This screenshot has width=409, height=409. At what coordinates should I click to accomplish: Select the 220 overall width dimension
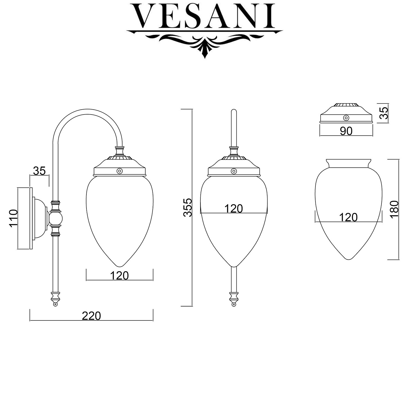[91, 316]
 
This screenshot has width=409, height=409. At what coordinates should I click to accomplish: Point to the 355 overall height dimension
[188, 208]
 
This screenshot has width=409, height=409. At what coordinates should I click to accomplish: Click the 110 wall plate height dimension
[13, 218]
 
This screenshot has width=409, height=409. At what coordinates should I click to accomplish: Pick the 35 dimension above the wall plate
[39, 171]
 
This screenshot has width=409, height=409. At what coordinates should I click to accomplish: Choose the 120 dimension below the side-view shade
[119, 275]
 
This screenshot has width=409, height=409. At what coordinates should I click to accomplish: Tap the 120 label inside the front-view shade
[233, 209]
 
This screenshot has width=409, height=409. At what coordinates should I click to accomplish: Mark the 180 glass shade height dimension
[394, 209]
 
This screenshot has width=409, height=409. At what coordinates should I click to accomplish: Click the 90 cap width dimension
[346, 131]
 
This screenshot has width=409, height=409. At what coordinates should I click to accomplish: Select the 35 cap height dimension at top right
[384, 113]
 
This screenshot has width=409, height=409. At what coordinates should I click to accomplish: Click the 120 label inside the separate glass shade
[348, 217]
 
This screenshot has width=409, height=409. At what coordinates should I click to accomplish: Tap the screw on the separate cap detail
[346, 118]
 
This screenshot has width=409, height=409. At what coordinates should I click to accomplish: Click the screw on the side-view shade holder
[119, 171]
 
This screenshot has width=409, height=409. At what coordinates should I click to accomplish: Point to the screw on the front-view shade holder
[233, 171]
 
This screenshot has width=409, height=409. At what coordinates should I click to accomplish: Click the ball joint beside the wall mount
[55, 218]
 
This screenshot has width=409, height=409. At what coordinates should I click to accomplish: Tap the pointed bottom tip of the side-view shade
[119, 266]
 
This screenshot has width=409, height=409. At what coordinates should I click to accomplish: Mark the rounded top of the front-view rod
[233, 111]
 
